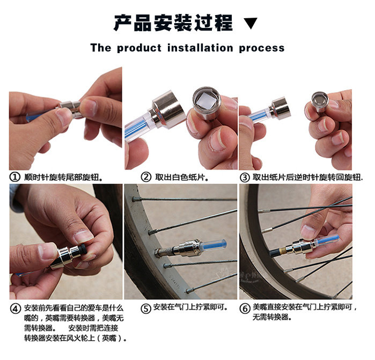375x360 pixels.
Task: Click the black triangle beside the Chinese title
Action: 251,23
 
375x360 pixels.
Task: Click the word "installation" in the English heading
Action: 200,48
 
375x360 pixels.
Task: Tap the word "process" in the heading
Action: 262,49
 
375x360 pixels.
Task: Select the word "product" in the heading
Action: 139,48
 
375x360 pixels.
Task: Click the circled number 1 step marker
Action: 14,177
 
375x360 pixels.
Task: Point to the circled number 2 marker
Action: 146,177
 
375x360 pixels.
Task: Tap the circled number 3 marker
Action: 245,178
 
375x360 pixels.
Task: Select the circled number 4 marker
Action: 16,308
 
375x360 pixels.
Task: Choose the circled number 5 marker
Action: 145,308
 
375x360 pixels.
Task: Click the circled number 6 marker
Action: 245,308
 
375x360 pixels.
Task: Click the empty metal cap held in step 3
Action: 320,100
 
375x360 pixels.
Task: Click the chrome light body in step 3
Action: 280,108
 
